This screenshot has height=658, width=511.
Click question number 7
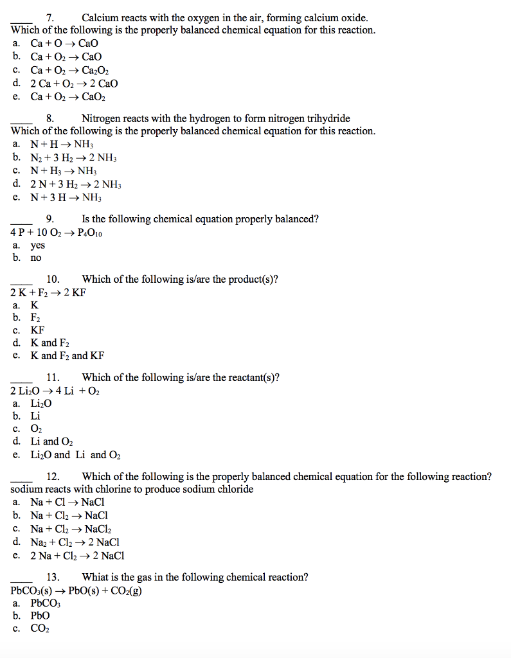click(x=49, y=18)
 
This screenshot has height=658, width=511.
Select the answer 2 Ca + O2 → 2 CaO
click(x=74, y=84)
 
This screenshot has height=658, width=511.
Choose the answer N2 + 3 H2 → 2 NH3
click(x=73, y=158)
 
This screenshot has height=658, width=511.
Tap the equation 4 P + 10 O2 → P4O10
click(x=57, y=233)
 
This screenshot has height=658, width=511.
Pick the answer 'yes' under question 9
click(x=38, y=245)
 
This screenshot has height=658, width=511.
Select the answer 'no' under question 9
click(x=35, y=258)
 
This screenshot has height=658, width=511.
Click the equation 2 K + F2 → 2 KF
click(x=48, y=292)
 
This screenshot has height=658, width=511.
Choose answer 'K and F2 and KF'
click(x=67, y=355)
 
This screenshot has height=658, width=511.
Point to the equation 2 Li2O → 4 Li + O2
click(x=55, y=391)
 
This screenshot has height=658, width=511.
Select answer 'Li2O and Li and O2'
click(x=75, y=455)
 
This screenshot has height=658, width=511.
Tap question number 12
click(x=53, y=477)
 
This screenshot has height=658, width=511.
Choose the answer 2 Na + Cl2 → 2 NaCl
click(x=77, y=556)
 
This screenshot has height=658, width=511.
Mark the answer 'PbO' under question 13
click(x=40, y=616)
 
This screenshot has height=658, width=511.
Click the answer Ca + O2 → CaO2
click(x=67, y=97)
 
